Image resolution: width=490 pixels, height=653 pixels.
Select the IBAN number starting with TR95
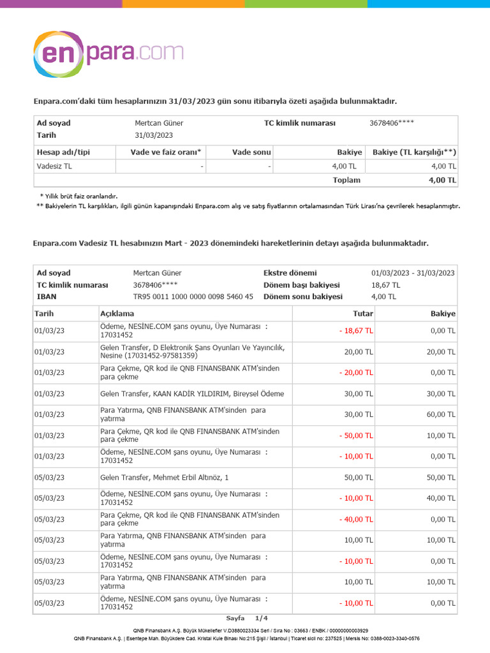click(x=193, y=297)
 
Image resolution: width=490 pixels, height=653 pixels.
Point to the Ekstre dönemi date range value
click(x=413, y=273)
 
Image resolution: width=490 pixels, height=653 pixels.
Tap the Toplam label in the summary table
click(x=346, y=180)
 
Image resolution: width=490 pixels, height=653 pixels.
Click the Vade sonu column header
click(x=251, y=152)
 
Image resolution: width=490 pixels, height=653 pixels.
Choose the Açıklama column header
click(x=117, y=314)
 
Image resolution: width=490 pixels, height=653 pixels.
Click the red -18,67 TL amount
click(x=356, y=331)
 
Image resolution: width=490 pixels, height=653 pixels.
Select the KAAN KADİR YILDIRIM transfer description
click(x=192, y=393)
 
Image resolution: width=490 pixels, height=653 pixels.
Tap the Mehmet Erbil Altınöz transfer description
click(x=164, y=477)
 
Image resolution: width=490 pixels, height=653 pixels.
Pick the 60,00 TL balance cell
click(x=442, y=415)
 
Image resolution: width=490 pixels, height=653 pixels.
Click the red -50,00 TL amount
click(x=356, y=436)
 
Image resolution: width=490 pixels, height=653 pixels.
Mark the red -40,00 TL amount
click(x=356, y=519)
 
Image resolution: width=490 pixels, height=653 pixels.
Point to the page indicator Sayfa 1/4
click(x=247, y=618)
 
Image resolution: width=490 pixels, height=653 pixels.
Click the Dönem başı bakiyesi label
click(x=301, y=285)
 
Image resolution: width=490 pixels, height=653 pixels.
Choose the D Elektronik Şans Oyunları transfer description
click(x=192, y=351)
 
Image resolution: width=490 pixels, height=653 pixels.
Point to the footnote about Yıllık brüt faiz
click(x=79, y=196)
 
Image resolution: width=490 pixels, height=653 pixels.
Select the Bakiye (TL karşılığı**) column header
click(x=414, y=152)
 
